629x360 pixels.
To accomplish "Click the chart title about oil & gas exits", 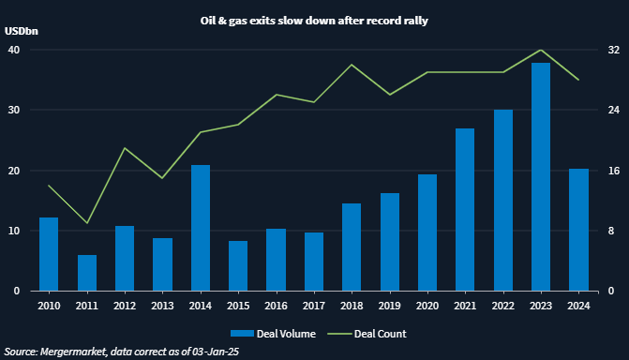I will tap(314, 20).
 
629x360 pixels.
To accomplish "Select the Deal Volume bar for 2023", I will tap(541, 177).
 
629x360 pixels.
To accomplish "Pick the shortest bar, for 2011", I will tap(87, 273).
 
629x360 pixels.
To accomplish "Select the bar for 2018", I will tap(352, 247).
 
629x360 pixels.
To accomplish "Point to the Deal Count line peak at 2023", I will tap(541, 50).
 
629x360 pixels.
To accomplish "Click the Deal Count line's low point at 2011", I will tap(87, 223).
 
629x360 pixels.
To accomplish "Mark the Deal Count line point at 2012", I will tap(125, 148).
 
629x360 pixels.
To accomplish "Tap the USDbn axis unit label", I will tap(21, 31).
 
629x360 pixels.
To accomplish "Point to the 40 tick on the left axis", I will tap(14, 50).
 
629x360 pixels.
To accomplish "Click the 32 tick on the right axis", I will tap(613, 50).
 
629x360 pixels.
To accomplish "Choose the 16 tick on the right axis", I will tap(613, 171).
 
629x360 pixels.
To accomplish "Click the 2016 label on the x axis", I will tap(276, 305).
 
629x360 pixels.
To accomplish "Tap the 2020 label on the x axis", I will tap(427, 305).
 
